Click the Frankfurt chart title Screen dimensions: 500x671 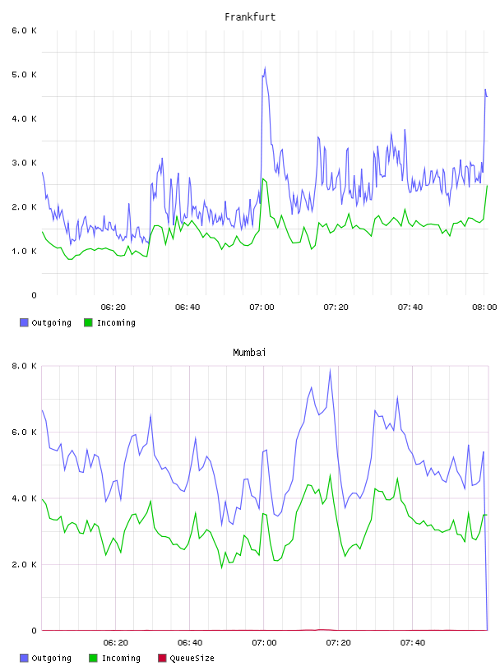coord(250,17)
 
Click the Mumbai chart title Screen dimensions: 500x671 coord(249,353)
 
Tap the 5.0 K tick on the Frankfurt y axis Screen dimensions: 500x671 coord(24,75)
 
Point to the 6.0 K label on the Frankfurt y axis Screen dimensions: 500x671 coord(24,30)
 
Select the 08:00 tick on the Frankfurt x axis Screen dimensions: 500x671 coord(484,307)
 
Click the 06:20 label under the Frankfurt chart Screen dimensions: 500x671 coord(113,307)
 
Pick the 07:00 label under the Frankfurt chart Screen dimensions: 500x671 coord(262,307)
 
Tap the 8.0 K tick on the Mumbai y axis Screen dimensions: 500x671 coord(24,366)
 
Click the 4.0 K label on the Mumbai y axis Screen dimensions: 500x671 coord(24,498)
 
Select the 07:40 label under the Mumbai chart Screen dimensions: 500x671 coord(413,642)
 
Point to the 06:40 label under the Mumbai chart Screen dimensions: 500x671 coord(190,642)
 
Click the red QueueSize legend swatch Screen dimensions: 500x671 coord(162,658)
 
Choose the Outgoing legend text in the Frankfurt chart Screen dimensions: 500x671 coord(51,322)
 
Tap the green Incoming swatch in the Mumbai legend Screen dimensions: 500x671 coord(92,658)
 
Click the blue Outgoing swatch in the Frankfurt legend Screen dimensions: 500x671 coord(24,322)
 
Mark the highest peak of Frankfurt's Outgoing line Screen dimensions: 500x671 coord(265,67)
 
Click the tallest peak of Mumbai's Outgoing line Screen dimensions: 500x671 coord(330,369)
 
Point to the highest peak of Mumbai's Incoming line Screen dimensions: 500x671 coord(330,474)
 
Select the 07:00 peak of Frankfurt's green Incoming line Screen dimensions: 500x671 coord(263,179)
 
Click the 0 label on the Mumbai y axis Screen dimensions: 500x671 coord(34,631)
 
